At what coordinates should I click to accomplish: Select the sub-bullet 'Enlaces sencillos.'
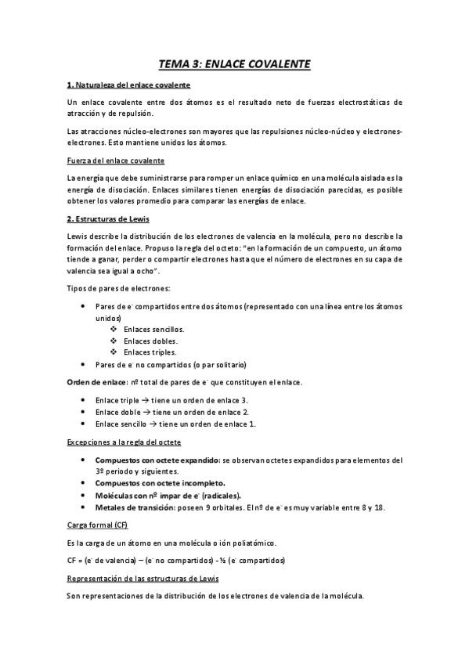tap(150, 330)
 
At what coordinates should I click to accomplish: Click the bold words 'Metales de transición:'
tap(135, 507)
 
